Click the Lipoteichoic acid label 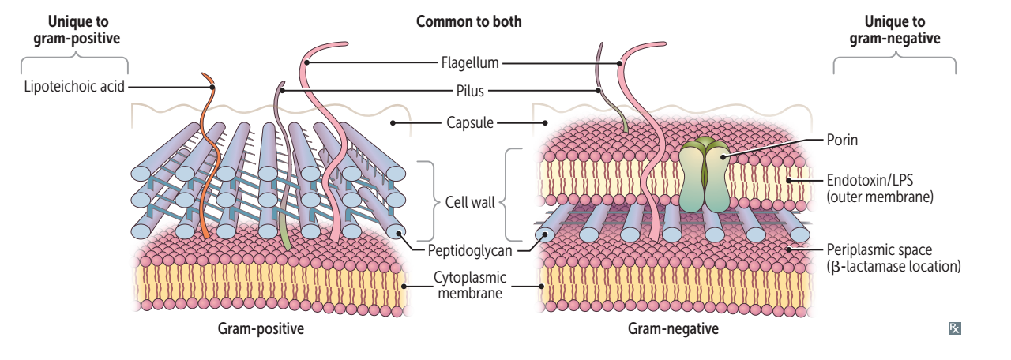coord(75,87)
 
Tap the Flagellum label coord(469,62)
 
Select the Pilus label coord(469,91)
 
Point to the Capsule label coord(469,122)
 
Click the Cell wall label coord(469,202)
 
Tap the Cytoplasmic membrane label coord(470,285)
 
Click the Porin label coord(842,140)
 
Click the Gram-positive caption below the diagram coord(261,329)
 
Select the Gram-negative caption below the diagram coord(674,329)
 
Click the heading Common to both coord(469,21)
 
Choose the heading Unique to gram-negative coord(895,29)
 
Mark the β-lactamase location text coord(893,267)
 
